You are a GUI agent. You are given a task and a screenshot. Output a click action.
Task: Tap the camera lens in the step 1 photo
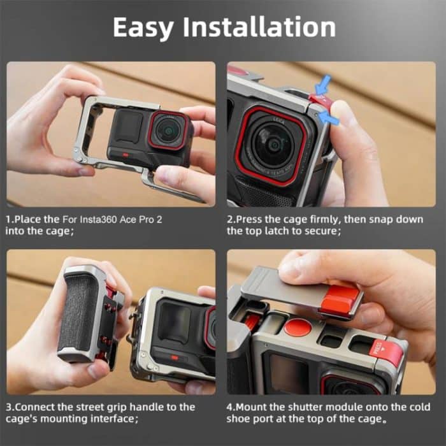[x=168, y=130]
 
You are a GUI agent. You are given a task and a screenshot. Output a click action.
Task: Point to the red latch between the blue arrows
[x=320, y=101]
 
